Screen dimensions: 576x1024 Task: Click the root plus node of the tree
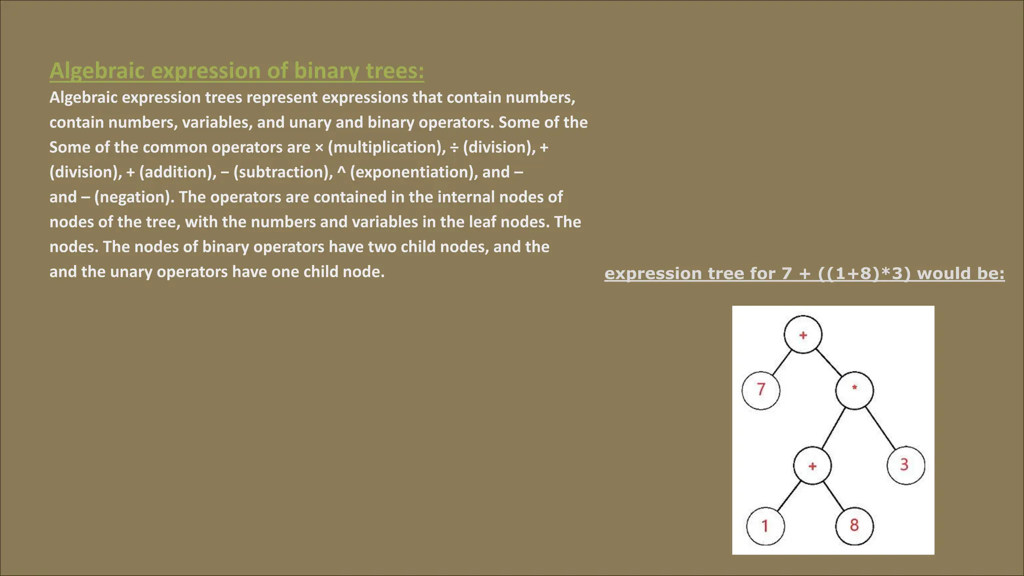(803, 334)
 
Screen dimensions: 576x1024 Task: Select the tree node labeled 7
(761, 389)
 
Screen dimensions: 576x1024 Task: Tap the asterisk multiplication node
(854, 389)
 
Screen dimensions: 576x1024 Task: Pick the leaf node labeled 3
(905, 465)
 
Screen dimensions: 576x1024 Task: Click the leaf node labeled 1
(765, 525)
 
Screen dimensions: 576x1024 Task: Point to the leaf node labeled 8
(854, 525)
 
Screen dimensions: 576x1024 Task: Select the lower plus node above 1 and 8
(812, 466)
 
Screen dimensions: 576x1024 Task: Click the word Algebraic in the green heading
(97, 71)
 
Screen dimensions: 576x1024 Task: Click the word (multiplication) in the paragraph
(386, 147)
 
